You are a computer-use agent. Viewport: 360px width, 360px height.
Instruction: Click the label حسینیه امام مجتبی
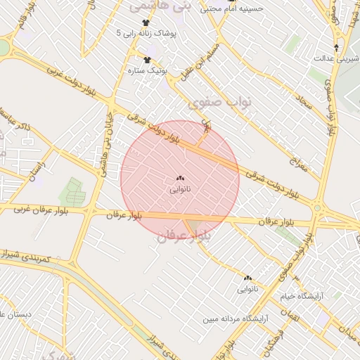[231, 9]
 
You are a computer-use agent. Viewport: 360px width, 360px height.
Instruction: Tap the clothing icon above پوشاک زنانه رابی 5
[146, 22]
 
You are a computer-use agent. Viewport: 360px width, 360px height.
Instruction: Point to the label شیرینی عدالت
[333, 58]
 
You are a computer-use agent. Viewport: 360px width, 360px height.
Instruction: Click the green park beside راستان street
[72, 191]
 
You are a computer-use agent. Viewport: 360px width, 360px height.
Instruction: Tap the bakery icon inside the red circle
[179, 179]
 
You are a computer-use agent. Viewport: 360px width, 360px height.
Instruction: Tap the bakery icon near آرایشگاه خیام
[247, 278]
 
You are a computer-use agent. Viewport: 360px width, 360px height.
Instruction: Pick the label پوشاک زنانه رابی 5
[150, 33]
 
